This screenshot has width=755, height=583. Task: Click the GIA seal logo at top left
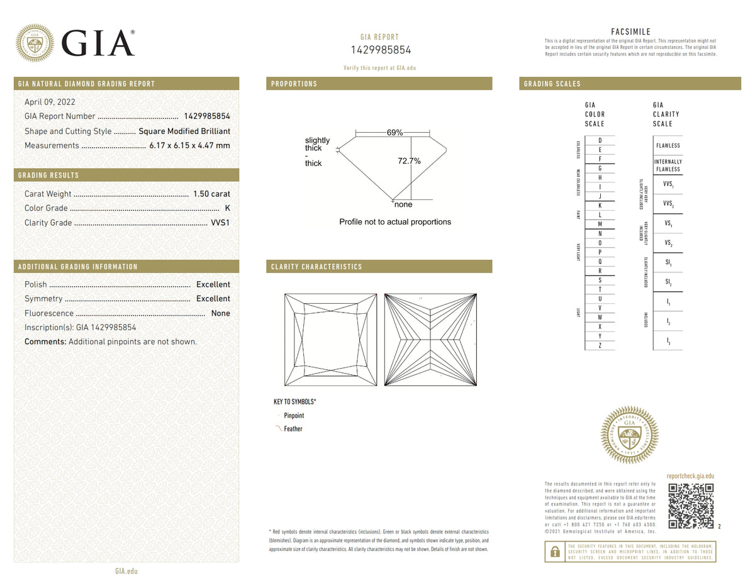pyautogui.click(x=35, y=43)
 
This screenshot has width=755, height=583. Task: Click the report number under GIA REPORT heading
pyautogui.click(x=380, y=50)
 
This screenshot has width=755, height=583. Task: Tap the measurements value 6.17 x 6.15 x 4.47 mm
pyautogui.click(x=189, y=145)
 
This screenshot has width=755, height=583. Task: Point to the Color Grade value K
pyautogui.click(x=227, y=208)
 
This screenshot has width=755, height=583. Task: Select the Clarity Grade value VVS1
pyautogui.click(x=220, y=223)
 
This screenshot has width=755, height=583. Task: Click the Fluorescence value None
pyautogui.click(x=220, y=313)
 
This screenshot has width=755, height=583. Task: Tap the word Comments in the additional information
pyautogui.click(x=45, y=341)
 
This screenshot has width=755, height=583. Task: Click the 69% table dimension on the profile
pyautogui.click(x=394, y=133)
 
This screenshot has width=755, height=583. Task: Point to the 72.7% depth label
pyautogui.click(x=409, y=161)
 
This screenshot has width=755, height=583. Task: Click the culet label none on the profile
pyautogui.click(x=403, y=204)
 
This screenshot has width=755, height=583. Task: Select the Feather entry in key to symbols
pyautogui.click(x=293, y=429)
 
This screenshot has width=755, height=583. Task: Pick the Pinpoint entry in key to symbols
pyautogui.click(x=293, y=416)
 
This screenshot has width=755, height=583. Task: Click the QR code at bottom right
pyautogui.click(x=690, y=506)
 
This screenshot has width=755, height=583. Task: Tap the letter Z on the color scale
pyautogui.click(x=600, y=345)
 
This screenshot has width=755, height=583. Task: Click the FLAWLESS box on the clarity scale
pyautogui.click(x=668, y=145)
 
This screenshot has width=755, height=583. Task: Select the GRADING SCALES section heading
pyautogui.click(x=552, y=84)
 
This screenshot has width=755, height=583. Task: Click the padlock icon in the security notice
pyautogui.click(x=554, y=552)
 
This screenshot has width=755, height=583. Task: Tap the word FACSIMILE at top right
pyautogui.click(x=630, y=32)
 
